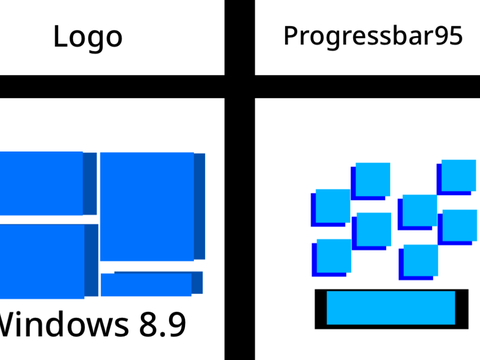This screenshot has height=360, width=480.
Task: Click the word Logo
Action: click(88, 37)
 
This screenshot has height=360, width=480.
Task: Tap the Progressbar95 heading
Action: click(373, 36)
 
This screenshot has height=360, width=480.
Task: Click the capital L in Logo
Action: click(60, 36)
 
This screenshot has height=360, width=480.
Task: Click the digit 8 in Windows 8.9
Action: click(148, 324)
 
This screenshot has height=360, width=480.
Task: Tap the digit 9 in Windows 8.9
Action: click(176, 324)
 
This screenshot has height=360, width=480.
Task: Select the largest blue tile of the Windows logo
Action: click(147, 206)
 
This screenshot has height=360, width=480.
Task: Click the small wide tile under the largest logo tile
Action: click(146, 284)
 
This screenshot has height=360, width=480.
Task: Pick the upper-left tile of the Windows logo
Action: click(41, 183)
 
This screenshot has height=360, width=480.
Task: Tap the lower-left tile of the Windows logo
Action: click(42, 261)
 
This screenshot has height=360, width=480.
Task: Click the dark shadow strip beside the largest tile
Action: click(200, 206)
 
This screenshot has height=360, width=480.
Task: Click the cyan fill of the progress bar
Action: click(391, 308)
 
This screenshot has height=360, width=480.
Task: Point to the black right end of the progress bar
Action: click(462, 309)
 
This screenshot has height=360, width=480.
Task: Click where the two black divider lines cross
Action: click(240, 87)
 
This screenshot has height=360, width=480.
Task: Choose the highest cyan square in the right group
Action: click(459, 176)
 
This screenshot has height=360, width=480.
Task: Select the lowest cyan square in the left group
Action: click(334, 256)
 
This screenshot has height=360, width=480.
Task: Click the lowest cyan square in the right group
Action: click(421, 261)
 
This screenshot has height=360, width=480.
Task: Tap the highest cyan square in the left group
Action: click(373, 179)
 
